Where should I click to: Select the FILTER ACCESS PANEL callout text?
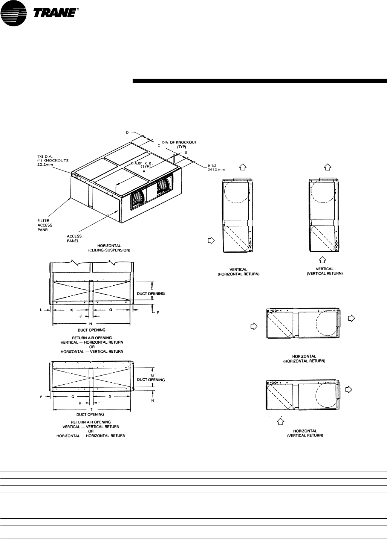pos(45,225)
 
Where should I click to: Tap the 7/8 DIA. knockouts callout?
pos(53,160)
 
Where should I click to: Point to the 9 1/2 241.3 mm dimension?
pos(216,167)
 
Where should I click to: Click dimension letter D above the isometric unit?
pos(127,132)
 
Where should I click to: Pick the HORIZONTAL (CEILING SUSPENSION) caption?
pos(109,248)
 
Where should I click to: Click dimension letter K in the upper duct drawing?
pos(72,310)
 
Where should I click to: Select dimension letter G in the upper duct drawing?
pos(111,310)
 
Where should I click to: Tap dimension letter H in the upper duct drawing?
pos(91,324)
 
